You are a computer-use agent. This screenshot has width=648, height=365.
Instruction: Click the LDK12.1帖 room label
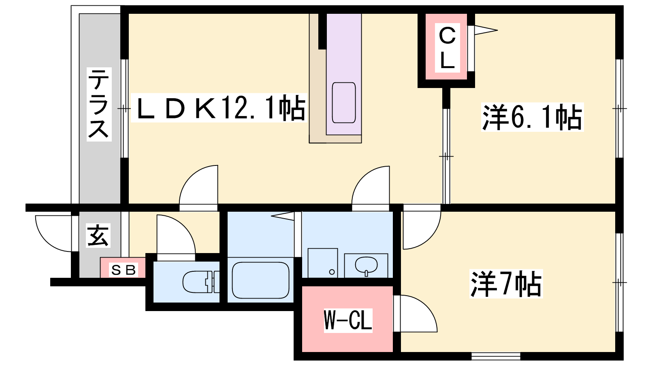pos(219,108)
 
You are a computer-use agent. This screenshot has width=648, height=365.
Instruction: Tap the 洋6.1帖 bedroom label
pos(532,117)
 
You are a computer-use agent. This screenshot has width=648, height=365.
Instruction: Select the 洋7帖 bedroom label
pos(505,283)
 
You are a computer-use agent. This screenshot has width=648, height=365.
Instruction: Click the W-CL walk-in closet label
pos(348,320)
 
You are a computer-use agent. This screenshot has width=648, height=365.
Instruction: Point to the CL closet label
pos(447,48)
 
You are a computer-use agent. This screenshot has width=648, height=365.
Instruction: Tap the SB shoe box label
pos(123,270)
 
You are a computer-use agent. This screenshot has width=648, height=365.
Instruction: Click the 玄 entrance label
pos(98,236)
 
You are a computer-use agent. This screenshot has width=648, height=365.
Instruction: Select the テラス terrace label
pos(99,104)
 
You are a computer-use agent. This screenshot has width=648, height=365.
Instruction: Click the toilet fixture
pos(198,281)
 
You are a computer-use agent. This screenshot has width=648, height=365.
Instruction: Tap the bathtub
pos(260,280)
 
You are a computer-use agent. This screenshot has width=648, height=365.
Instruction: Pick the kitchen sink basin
pos(344,102)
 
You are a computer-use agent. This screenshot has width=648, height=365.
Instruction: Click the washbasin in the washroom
pos(366,266)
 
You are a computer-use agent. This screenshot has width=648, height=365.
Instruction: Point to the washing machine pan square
pos(323,263)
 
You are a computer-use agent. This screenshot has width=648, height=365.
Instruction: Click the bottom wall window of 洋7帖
pos(496,356)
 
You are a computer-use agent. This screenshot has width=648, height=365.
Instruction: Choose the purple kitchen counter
pos(344,75)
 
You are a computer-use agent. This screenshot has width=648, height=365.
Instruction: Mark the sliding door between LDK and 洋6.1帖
pos(446,156)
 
